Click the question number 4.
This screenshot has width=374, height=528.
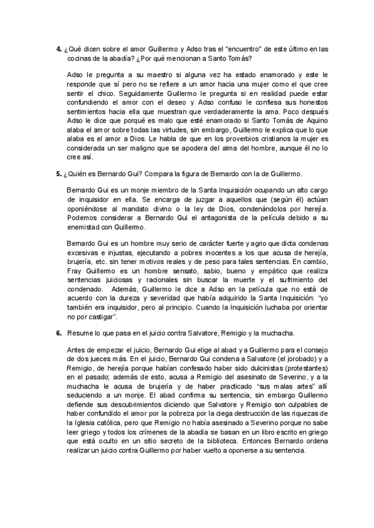coord(58,48)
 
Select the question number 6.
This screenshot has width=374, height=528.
coord(58,333)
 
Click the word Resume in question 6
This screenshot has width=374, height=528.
coord(79,333)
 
